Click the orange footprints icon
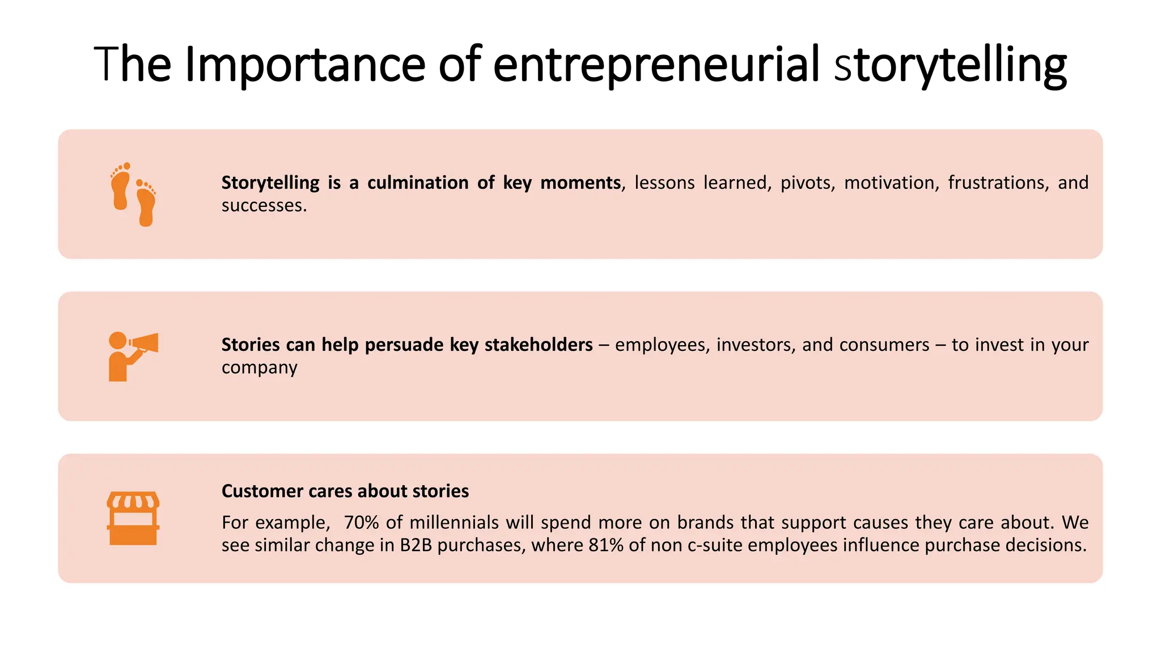point(133,194)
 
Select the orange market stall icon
point(133,518)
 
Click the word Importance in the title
point(305,65)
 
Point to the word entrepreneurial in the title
point(656,65)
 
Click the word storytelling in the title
point(951,65)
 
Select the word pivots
point(808,183)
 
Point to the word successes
point(264,205)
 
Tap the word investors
point(756,345)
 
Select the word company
point(260,368)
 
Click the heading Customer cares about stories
point(345,491)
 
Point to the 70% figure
point(362,522)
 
